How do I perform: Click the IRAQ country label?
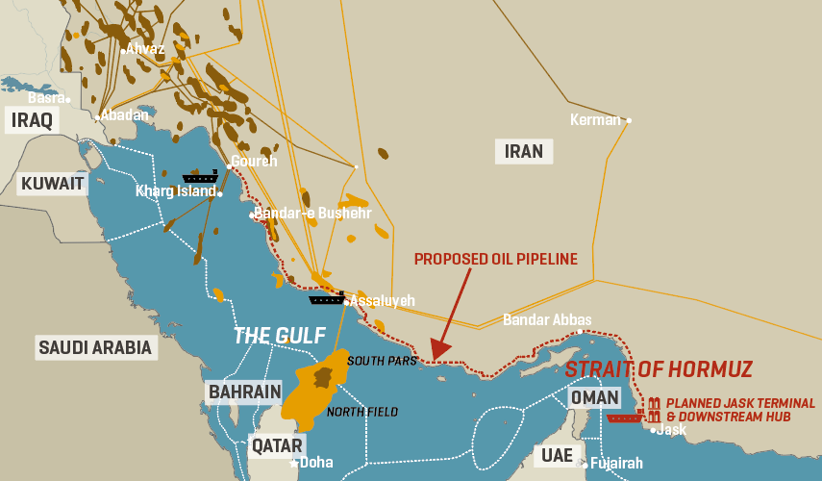click(x=32, y=120)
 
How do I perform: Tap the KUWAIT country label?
click(x=53, y=183)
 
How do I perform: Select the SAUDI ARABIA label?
click(x=95, y=347)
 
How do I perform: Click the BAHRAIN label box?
click(x=244, y=392)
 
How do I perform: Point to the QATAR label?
click(x=276, y=445)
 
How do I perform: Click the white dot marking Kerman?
click(x=629, y=121)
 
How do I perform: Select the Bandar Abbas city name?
click(x=547, y=320)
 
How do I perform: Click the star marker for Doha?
click(x=294, y=463)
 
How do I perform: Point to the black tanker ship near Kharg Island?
click(x=200, y=178)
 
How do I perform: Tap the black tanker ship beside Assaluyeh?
click(x=327, y=299)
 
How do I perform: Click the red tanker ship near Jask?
click(x=625, y=418)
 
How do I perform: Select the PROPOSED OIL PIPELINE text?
click(x=495, y=259)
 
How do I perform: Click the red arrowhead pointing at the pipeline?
click(x=436, y=352)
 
